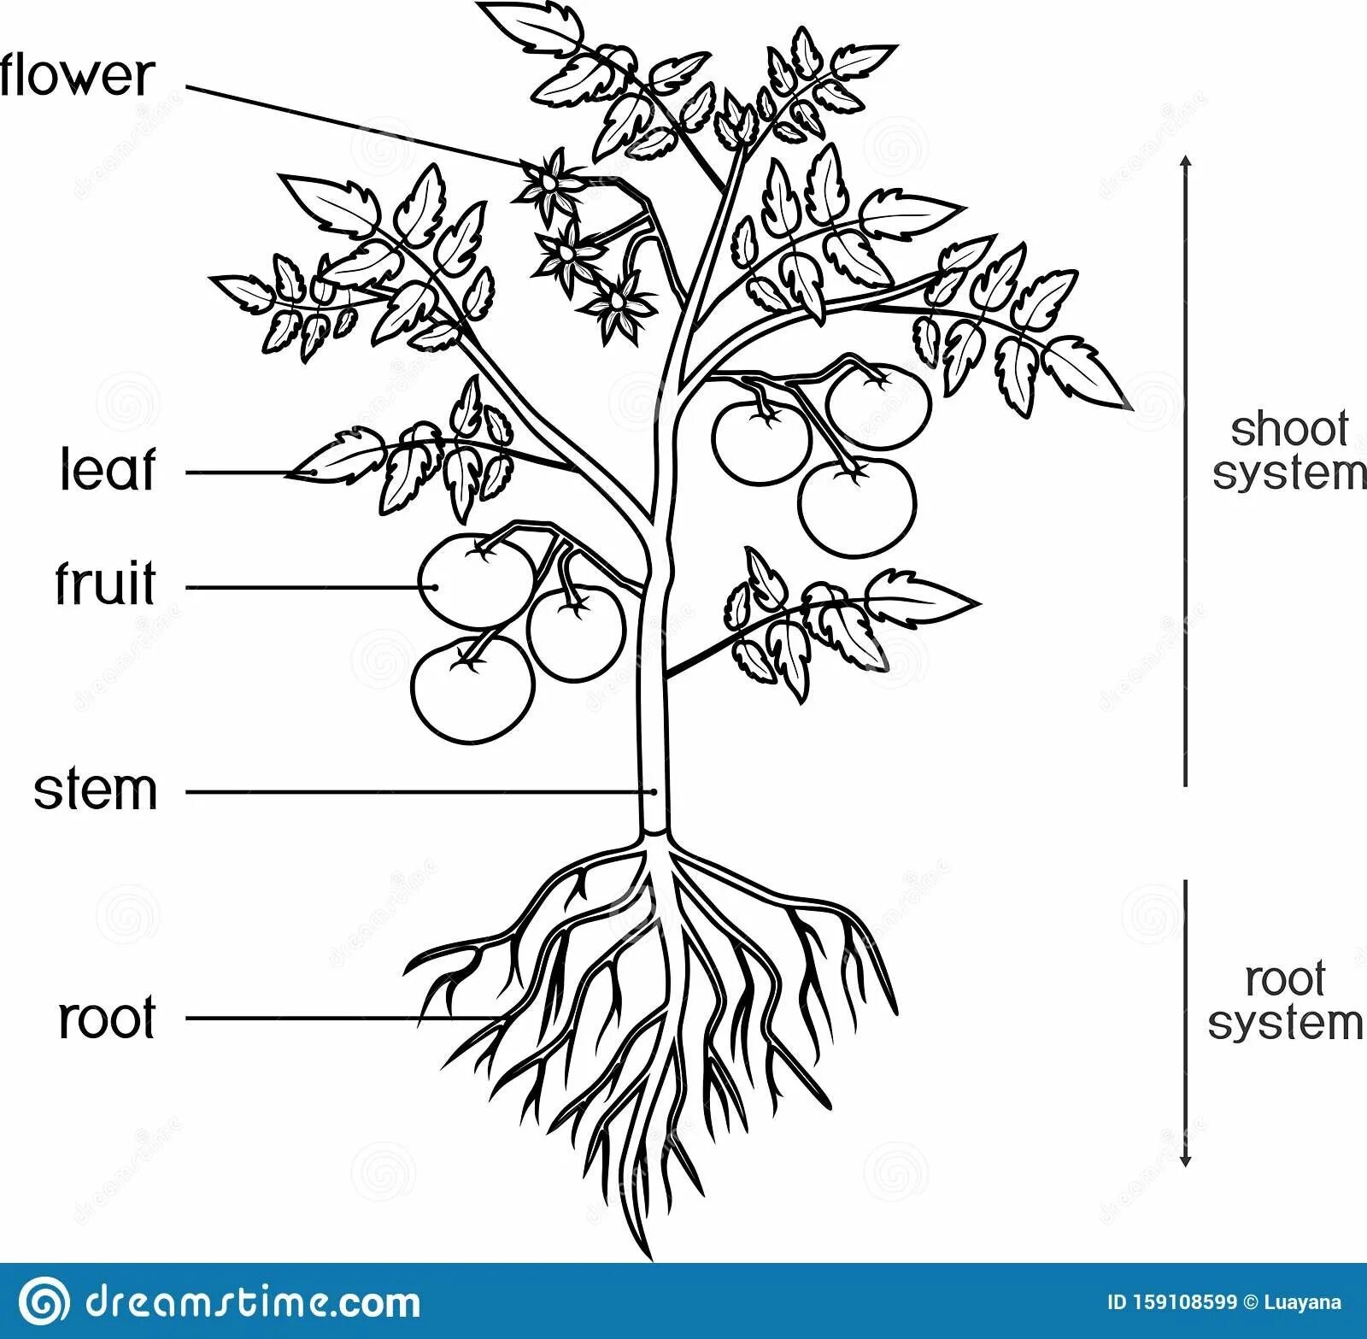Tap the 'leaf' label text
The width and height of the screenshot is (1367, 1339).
click(x=108, y=470)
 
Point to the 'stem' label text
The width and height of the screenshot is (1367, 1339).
click(x=96, y=790)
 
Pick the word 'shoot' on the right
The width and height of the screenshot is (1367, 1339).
click(x=1288, y=429)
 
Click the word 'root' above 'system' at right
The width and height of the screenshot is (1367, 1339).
click(x=1284, y=979)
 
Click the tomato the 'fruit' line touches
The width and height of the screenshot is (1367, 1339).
click(x=474, y=578)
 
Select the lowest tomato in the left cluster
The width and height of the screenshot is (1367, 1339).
click(x=472, y=688)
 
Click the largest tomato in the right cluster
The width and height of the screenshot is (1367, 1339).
click(x=857, y=508)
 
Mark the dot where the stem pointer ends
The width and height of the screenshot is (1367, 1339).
click(x=654, y=792)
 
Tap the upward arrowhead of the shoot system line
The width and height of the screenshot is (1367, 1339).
click(x=1185, y=162)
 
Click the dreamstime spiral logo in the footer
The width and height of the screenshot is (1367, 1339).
click(x=44, y=1302)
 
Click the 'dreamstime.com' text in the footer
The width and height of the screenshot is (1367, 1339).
click(x=252, y=1302)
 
